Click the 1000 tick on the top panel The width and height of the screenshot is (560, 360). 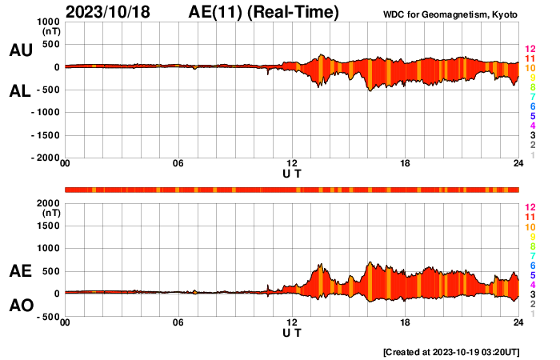pos(48,22)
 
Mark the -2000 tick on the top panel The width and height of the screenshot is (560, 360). pos(45,158)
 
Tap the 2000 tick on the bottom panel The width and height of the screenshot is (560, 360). pos(48,203)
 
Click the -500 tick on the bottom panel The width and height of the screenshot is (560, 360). pos(48,317)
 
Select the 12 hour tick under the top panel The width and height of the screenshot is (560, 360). pos(292,165)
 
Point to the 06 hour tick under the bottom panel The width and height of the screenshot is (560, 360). pos(178,323)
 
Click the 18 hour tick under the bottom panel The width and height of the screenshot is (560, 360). pos(406,323)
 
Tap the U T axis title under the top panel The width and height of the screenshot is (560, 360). pos(292,174)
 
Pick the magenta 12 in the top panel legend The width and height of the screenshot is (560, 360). pos(529,50)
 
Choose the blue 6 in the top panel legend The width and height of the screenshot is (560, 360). pos(532,106)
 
